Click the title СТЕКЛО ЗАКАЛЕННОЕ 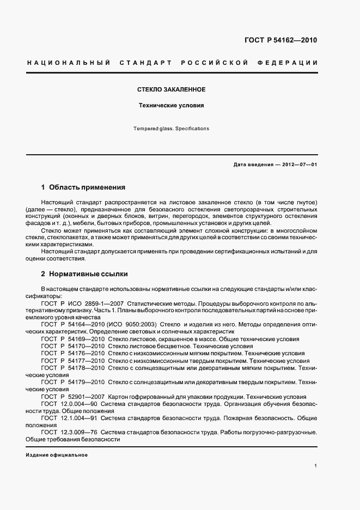[x=170, y=89]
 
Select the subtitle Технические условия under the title [x=170, y=106]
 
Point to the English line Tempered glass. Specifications [x=170, y=129]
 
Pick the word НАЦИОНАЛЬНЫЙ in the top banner [x=65, y=63]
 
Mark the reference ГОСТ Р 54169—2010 [x=73, y=338]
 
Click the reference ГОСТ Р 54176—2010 [x=73, y=353]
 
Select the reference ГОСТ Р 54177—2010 [x=73, y=361]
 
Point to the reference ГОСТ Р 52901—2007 [x=73, y=397]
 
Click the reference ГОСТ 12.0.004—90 [x=69, y=404]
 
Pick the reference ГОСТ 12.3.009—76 [x=69, y=433]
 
